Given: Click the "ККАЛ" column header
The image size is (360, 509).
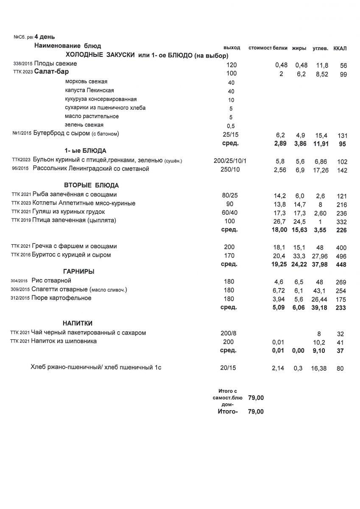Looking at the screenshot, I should pos(340,48).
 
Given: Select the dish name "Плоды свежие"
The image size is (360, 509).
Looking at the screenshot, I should pos(56,64).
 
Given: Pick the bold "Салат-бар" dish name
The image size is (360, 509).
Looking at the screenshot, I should pos(51,72).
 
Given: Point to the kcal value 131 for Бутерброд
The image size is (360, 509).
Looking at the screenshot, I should pos(343,136).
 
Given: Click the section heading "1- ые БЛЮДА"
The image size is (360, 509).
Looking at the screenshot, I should pos(85,151).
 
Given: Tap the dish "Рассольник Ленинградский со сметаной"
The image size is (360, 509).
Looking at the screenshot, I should pos(90,169).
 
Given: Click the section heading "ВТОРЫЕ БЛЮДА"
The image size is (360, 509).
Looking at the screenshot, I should pos(91,186).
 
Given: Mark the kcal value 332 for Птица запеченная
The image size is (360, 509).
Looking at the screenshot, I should pos(341,222).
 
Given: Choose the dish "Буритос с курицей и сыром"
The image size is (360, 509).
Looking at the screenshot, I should pos(72,255).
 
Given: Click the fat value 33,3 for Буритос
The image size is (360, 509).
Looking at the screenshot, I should pos(299,256).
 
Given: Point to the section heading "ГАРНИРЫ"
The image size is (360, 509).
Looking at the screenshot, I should pos(78,271).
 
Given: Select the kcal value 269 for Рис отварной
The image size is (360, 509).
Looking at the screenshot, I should pos(341,282).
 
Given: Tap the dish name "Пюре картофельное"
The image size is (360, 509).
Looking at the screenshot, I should pos(61,298).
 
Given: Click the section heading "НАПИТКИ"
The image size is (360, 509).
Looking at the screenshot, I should pos(78,324).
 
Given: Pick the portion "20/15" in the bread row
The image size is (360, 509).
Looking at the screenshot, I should pos(229,368).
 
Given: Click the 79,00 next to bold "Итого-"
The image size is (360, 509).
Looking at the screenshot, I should pos(256,411).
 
